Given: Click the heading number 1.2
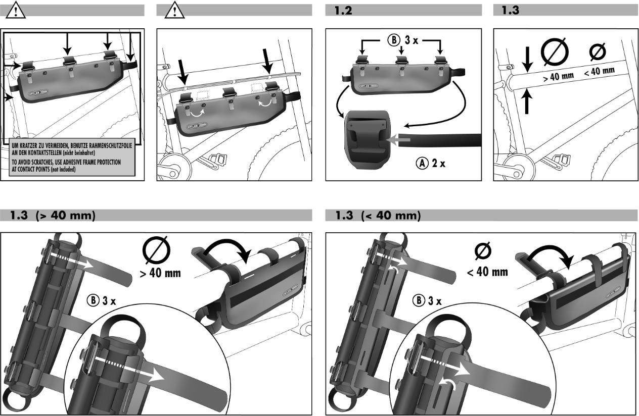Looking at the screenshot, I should pyautogui.click(x=343, y=11).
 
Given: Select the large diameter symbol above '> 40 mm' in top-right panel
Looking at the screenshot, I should pyautogui.click(x=555, y=52).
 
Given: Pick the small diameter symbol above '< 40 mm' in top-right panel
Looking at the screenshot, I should pyautogui.click(x=598, y=52).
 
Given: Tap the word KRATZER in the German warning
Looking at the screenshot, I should pyautogui.click(x=32, y=145).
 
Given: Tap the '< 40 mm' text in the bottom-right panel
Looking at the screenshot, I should pyautogui.click(x=487, y=272).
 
